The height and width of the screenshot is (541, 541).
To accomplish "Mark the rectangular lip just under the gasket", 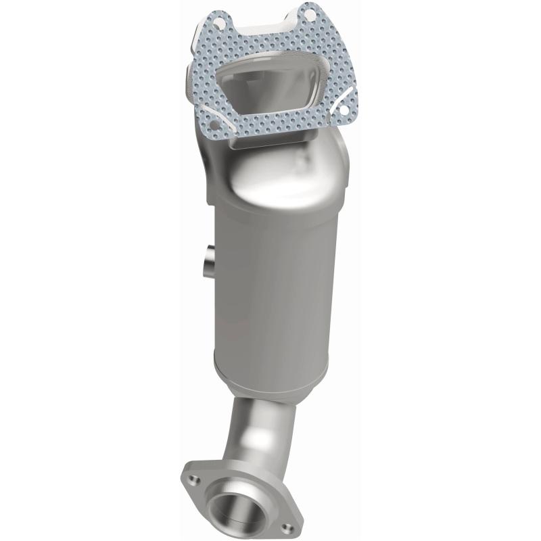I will (270, 143).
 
